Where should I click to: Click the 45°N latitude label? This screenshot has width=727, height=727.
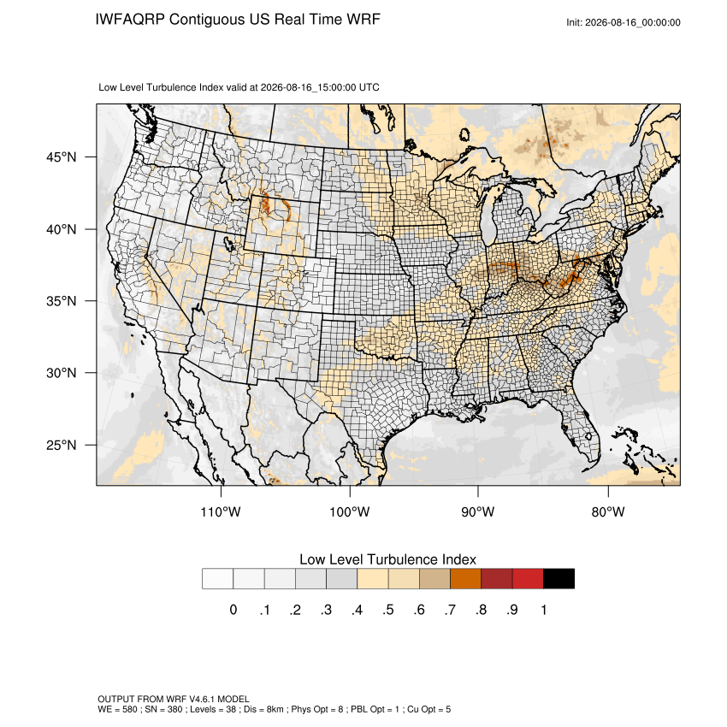click(x=61, y=157)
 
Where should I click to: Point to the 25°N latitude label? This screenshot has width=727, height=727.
click(x=61, y=445)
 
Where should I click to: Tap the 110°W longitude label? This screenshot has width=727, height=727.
click(x=221, y=511)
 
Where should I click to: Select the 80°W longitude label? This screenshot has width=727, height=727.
click(x=608, y=511)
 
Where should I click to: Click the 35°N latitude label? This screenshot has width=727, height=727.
click(x=61, y=301)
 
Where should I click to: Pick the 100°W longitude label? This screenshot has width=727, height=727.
click(x=350, y=511)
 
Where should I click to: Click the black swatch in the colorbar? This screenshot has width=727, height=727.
click(x=559, y=579)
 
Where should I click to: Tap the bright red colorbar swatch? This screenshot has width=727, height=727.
click(x=528, y=579)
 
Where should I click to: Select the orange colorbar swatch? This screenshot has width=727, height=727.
click(x=465, y=579)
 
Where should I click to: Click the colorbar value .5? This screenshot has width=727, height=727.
click(x=388, y=610)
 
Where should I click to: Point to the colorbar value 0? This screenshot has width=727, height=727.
click(x=233, y=610)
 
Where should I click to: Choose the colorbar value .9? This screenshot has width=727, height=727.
click(x=511, y=610)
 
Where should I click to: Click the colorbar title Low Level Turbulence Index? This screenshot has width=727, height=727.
click(x=387, y=559)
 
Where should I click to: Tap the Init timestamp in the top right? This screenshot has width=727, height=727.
click(x=624, y=22)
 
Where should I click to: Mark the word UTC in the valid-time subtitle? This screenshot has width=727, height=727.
click(x=369, y=87)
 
